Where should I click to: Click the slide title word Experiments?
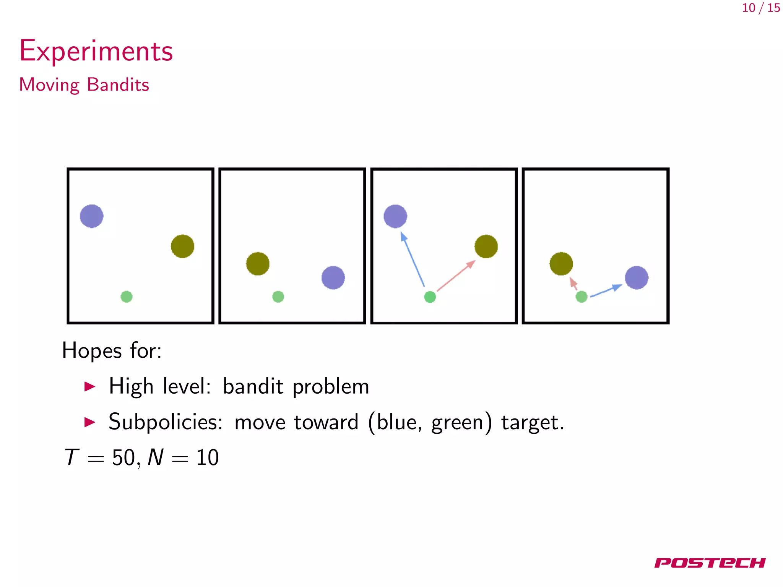96,51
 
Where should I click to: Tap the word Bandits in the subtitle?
118,84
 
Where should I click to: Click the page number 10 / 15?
761,8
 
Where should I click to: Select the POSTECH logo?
710,563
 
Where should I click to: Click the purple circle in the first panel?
91,216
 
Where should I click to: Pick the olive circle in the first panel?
182,246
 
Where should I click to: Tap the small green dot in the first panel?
127,297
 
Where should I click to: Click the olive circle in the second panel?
258,264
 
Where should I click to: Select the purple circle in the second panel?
333,278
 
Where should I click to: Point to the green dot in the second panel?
278,297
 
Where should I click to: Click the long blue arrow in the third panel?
413,260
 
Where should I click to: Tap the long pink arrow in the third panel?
456,276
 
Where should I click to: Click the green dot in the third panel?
430,297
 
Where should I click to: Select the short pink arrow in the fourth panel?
573,284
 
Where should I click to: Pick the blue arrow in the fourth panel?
606,291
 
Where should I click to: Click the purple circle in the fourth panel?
637,278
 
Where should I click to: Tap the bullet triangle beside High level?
89,386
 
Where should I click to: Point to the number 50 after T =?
123,457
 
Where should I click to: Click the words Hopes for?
112,350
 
